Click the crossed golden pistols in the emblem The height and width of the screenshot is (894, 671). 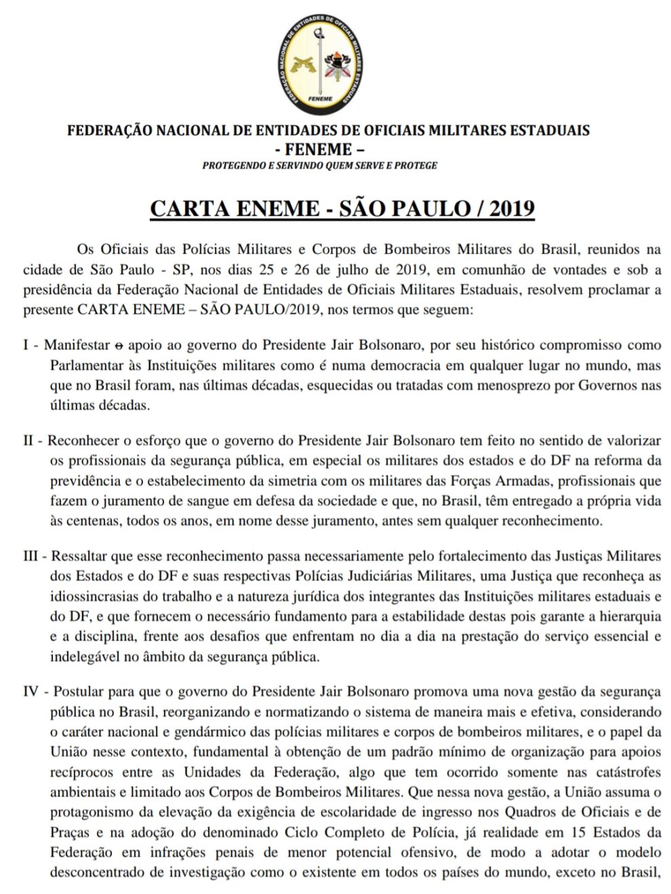point(302,64)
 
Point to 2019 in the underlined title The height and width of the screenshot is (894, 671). point(511,208)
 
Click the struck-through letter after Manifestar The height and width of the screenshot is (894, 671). point(119,345)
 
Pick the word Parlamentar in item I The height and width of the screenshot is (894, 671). point(83,366)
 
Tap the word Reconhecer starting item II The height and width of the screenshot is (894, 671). point(79,441)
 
